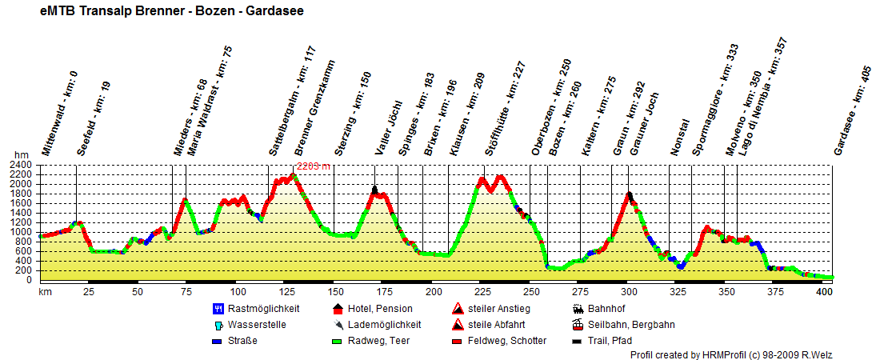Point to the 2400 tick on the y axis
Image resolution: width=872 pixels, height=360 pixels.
point(21,165)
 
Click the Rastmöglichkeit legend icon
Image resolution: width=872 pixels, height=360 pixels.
point(218,308)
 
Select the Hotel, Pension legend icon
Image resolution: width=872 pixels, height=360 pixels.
point(337,308)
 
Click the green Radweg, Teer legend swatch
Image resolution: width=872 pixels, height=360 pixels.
point(337,341)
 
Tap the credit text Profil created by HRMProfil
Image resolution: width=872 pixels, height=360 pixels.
point(747,354)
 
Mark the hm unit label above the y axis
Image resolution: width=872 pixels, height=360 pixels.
point(21,155)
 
